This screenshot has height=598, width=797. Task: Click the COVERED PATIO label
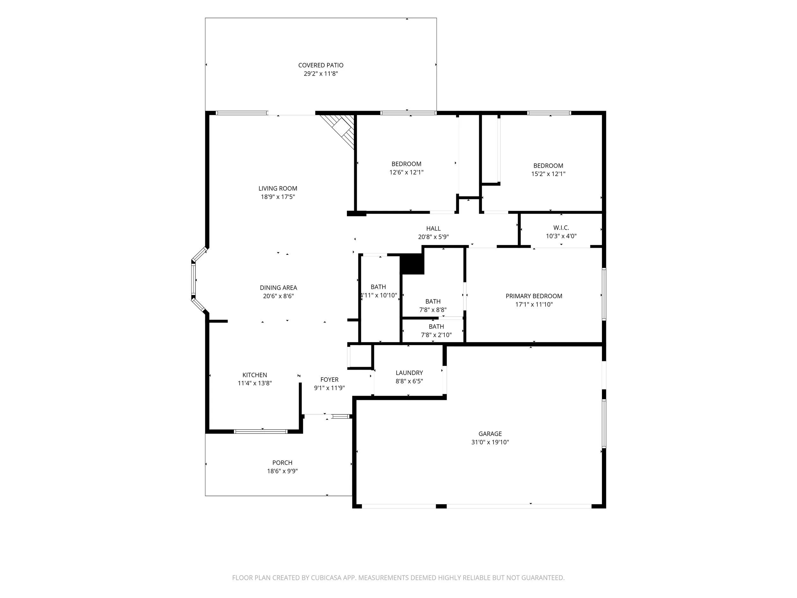(321, 65)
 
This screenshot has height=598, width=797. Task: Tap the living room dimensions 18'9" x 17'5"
(278, 197)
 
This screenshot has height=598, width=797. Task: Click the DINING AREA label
(279, 288)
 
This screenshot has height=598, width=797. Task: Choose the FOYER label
(329, 380)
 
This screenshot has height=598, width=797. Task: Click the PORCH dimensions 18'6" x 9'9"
(282, 471)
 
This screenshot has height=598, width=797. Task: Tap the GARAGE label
(490, 434)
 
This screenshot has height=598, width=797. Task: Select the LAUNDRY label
(409, 373)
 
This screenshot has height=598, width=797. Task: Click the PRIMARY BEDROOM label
(534, 296)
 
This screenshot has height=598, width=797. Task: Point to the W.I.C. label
(561, 228)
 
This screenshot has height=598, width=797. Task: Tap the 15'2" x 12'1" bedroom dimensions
(548, 174)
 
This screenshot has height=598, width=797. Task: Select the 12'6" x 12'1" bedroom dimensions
(406, 172)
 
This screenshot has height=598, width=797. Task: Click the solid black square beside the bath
(412, 264)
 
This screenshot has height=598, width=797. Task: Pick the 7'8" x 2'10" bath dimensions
(436, 335)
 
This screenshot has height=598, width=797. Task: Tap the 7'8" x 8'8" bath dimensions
(433, 310)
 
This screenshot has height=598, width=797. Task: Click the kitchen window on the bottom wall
(260, 431)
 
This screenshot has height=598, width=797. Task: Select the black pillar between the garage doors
(441, 506)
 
